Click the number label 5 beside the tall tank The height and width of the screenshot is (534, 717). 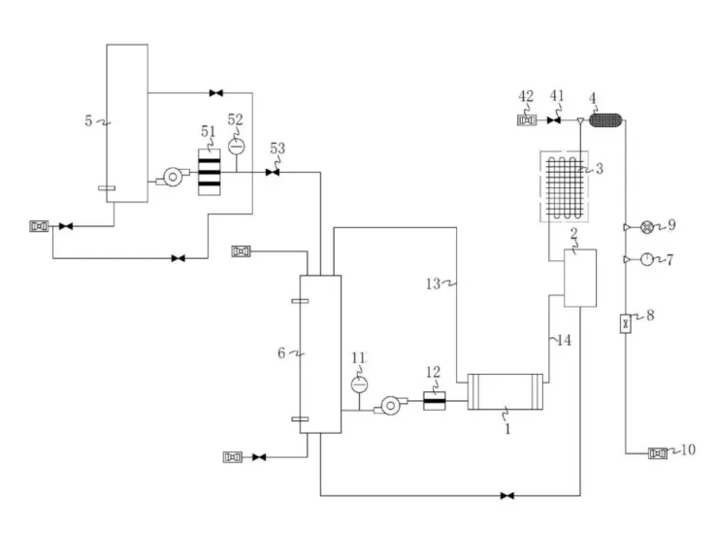click(88, 120)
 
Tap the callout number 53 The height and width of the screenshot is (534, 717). click(277, 149)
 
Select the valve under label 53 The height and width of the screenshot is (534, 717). click(273, 173)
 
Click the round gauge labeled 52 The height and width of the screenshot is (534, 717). click(237, 147)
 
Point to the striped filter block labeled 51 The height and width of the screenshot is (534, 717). click(209, 172)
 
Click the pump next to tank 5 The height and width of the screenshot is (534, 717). click(173, 177)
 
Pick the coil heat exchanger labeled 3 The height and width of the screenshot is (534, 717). click(565, 186)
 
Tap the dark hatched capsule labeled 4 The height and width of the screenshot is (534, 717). click(605, 120)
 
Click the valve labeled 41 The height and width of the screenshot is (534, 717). click(554, 120)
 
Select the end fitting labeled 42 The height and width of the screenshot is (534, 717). click(527, 120)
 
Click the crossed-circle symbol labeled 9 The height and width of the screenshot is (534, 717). click(646, 227)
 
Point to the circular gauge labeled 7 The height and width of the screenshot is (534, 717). click(646, 259)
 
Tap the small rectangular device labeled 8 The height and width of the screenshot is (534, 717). click(626, 323)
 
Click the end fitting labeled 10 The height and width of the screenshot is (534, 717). click(658, 453)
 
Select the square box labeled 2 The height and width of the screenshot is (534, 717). click(580, 278)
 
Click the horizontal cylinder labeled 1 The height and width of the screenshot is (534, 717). click(505, 391)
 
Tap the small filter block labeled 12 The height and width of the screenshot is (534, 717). click(434, 401)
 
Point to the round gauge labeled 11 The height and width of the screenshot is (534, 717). click(359, 384)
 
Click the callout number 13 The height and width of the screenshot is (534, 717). click(433, 284)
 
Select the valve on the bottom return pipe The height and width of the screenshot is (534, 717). click(507, 495)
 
